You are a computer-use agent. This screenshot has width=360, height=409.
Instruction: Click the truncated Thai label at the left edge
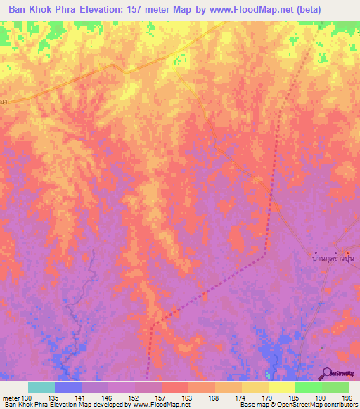tap(4, 101)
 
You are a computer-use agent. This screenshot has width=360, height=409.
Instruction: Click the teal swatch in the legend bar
tap(41, 387)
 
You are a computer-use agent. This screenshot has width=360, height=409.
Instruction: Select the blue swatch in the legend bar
tap(68, 387)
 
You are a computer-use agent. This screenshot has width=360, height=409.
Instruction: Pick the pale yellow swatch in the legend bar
tap(282, 387)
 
